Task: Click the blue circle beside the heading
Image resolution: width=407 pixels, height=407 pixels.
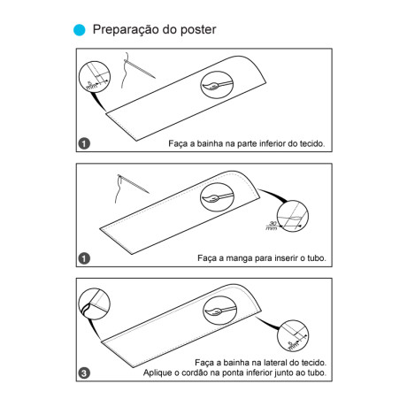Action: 79,29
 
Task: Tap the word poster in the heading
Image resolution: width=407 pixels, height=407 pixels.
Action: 196,29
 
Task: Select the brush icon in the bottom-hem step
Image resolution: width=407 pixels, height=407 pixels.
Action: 214,85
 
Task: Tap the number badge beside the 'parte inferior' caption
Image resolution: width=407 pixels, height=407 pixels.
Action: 84,143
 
